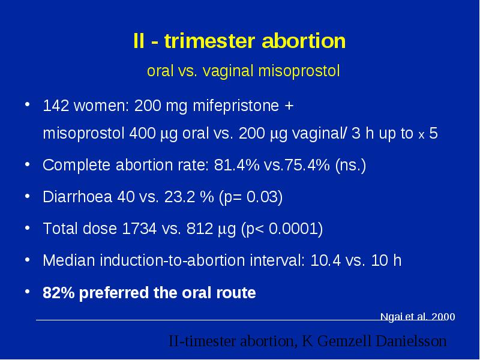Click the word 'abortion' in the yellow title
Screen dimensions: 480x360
point(304,41)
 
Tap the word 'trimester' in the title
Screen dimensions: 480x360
point(209,41)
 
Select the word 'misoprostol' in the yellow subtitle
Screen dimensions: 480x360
point(299,71)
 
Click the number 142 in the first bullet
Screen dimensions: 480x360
point(56,106)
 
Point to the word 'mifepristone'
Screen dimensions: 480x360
point(236,106)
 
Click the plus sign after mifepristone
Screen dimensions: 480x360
point(289,106)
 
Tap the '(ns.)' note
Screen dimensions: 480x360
point(350,166)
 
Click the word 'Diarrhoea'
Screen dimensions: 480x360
point(77,197)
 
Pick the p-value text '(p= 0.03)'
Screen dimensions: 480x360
point(251,197)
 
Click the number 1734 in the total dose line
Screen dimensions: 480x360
point(139,229)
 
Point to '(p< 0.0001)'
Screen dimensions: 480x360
point(282,229)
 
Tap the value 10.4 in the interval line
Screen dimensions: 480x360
point(325,260)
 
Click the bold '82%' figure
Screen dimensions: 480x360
point(58,293)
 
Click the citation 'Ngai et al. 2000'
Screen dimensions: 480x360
point(418,317)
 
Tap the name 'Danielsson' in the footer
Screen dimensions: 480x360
point(411,341)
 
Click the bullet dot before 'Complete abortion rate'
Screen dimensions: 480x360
point(28,164)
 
